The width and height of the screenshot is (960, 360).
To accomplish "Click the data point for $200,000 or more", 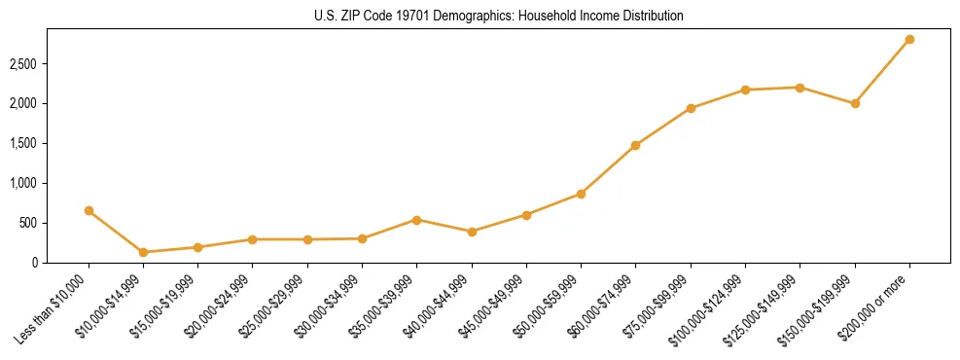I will coord(909,39).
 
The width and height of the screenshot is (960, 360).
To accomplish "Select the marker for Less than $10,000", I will coord(89,210).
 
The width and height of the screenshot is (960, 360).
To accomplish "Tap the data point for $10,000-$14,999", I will coord(143,252).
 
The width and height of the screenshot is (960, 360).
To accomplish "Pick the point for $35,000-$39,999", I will coord(416,220).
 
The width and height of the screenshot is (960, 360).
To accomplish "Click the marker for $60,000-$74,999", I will coord(635,145).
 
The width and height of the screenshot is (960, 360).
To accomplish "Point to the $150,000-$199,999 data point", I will coord(855,103).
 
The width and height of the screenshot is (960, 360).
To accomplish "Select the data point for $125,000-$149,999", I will coord(800,88).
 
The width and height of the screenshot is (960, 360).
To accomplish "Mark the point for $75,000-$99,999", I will coord(691,108).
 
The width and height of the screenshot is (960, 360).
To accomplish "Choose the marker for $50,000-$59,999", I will coord(581,194).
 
